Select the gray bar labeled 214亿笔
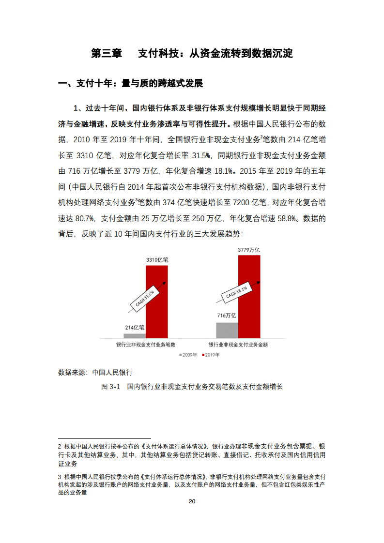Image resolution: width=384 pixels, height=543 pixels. (x=135, y=335)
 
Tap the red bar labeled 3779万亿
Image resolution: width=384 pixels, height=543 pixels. (x=249, y=296)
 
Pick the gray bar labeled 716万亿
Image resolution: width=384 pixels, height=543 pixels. (x=227, y=330)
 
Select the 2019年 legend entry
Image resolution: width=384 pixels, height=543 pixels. (x=210, y=355)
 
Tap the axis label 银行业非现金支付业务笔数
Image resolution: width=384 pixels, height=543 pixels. (x=145, y=345)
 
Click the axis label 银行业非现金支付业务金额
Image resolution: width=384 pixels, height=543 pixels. (x=238, y=345)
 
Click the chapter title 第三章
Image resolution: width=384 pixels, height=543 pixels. (x=107, y=53)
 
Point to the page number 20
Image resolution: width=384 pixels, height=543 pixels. (x=192, y=501)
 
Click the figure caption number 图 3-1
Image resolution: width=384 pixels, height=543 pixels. (x=110, y=387)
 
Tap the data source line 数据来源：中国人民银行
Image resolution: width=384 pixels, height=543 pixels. (x=95, y=372)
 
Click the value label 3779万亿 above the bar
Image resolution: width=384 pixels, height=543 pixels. (x=249, y=250)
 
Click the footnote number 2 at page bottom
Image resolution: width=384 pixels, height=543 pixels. (x=60, y=446)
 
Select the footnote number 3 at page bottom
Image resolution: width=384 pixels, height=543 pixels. (x=60, y=477)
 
